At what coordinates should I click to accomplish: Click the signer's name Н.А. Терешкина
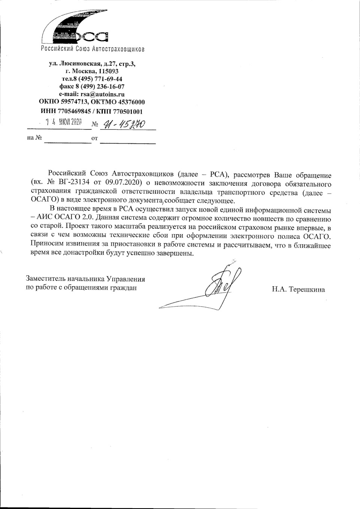(x=298, y=289)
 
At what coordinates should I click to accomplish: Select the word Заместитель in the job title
(x=44, y=279)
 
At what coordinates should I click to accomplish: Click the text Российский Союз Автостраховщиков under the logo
(x=92, y=49)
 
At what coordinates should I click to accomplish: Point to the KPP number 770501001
(x=125, y=111)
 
